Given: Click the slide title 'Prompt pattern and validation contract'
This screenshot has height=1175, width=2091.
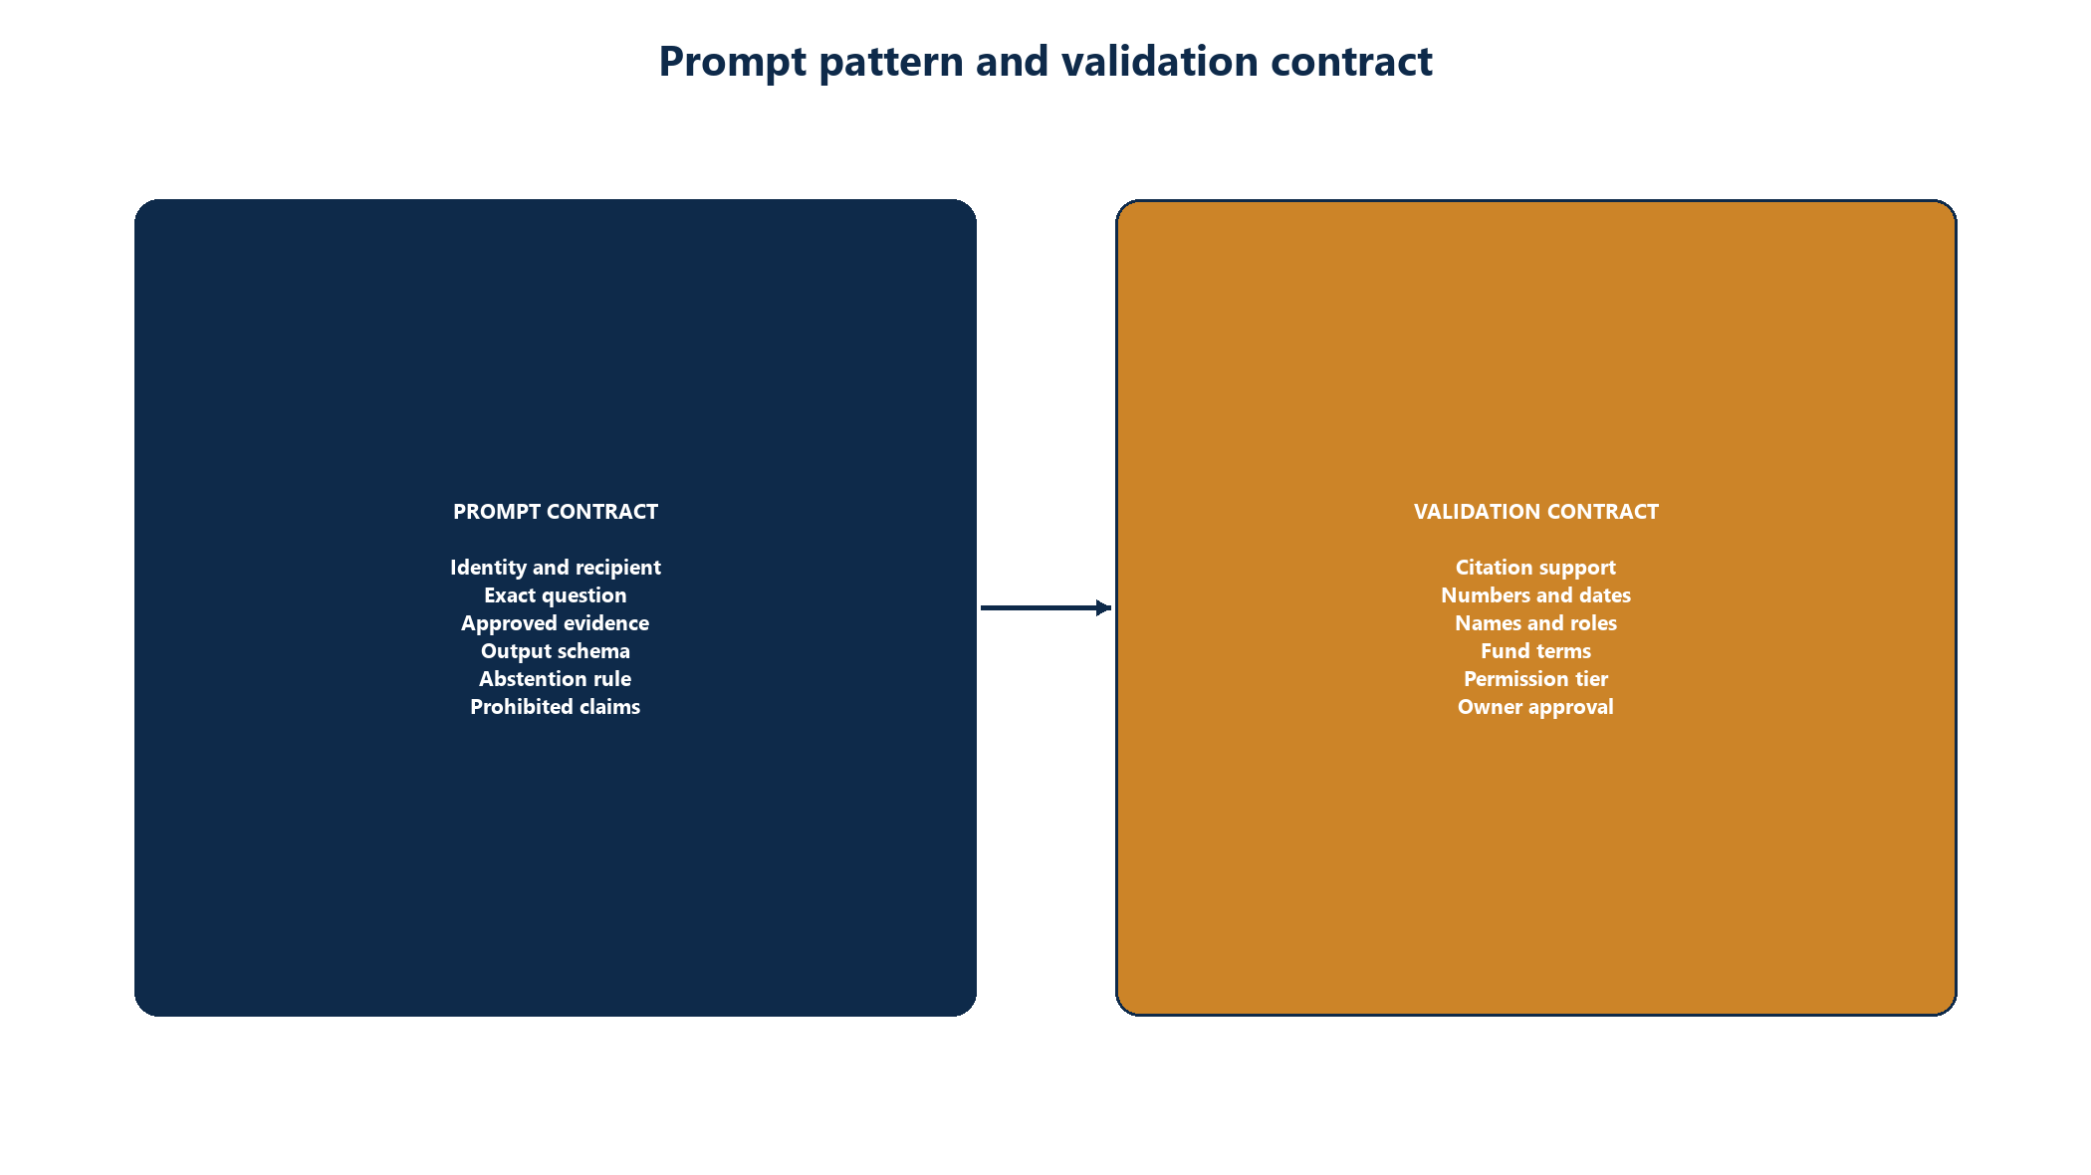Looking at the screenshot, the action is click(1045, 62).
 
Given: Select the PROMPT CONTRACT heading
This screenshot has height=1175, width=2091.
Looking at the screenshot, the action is click(556, 512).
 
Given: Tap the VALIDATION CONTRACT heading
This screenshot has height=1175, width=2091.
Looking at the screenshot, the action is click(1536, 512).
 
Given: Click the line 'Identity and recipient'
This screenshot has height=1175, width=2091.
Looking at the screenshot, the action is click(556, 568).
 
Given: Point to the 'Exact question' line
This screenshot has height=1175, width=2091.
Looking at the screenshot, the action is click(556, 595).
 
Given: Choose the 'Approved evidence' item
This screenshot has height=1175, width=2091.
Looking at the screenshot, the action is click(556, 623).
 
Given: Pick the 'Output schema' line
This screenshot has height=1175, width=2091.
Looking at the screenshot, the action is click(556, 651).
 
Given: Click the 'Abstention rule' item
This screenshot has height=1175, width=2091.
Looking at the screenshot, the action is click(556, 679).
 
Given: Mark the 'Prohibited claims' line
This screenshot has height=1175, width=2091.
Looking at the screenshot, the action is click(556, 707).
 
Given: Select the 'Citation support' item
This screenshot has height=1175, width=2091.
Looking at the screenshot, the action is click(1536, 568).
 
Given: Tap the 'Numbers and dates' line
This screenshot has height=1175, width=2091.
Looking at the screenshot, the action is click(1536, 595).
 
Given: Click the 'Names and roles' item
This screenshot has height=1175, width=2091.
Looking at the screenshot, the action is click(1536, 623).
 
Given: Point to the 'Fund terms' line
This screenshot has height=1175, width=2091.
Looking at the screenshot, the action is click(1536, 651).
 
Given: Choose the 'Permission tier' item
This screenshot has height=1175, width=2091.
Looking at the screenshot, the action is click(1536, 679).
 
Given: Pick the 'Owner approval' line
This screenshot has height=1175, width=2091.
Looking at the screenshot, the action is click(1536, 707).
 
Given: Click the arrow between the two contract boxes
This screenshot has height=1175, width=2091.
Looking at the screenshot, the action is click(1045, 607).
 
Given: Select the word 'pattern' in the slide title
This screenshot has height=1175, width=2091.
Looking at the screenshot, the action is click(891, 62).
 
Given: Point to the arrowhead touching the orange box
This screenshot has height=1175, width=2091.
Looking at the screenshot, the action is click(1104, 607).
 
